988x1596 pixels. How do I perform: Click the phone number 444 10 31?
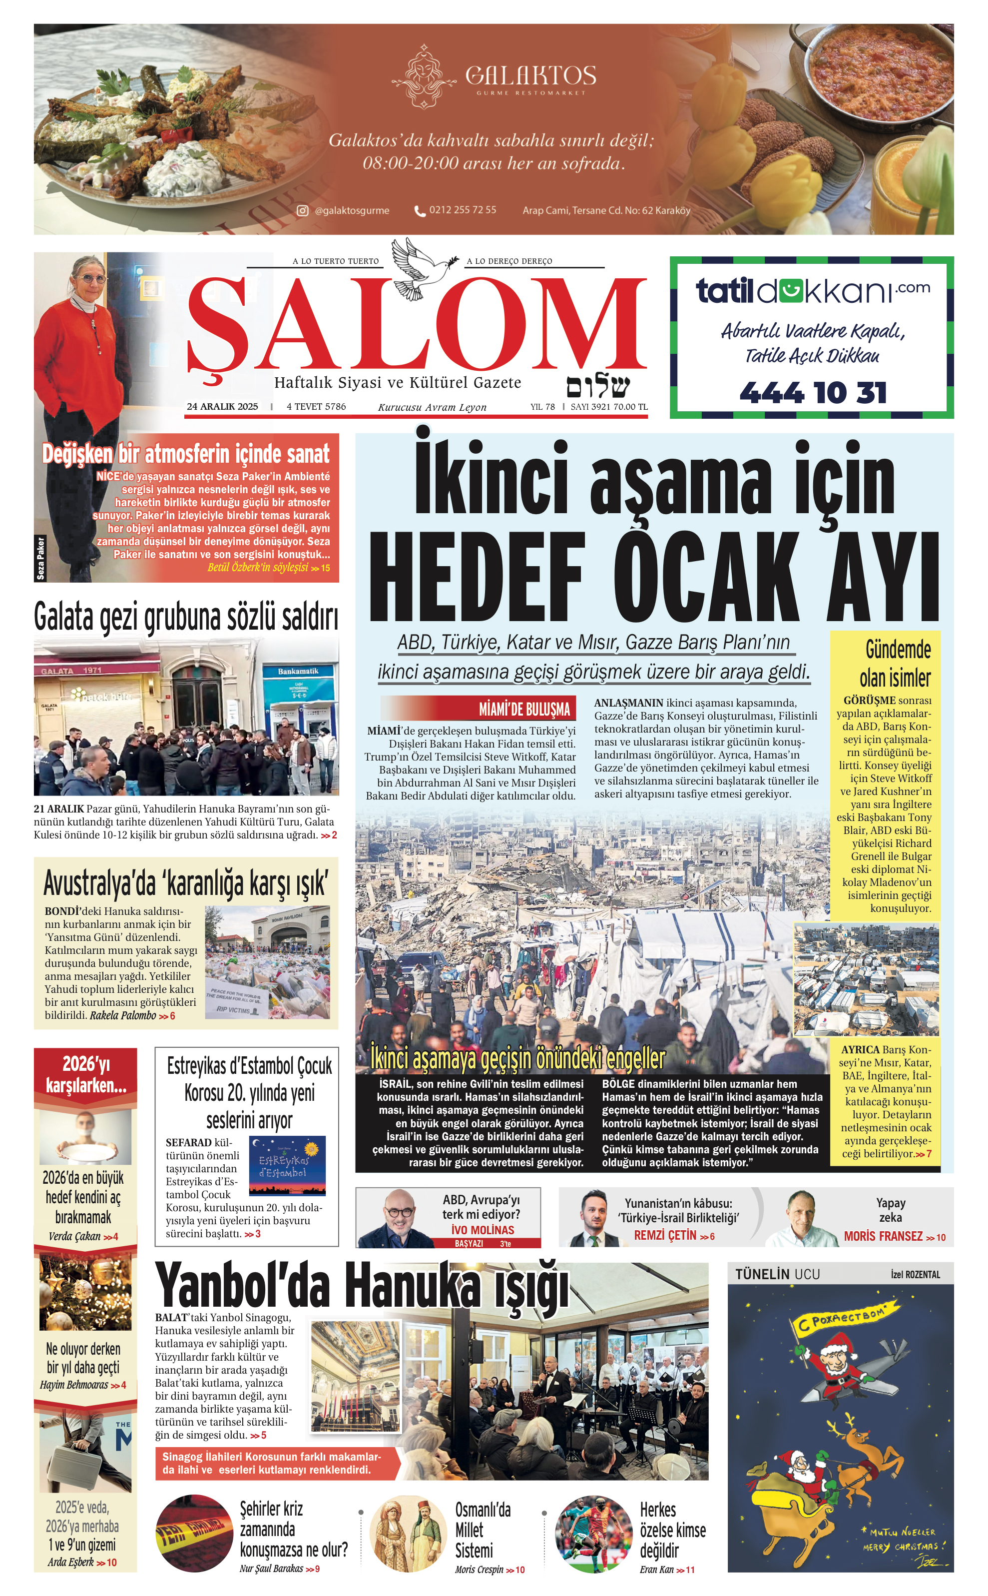[813, 393]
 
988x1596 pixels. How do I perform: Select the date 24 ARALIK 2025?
[222, 407]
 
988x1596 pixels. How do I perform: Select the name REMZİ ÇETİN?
[666, 1236]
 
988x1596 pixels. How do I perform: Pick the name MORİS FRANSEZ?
[883, 1237]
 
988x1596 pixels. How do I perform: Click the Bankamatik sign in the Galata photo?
[298, 671]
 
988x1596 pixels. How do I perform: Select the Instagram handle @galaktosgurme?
[351, 210]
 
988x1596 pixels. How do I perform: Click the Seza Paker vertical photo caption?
[40, 558]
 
